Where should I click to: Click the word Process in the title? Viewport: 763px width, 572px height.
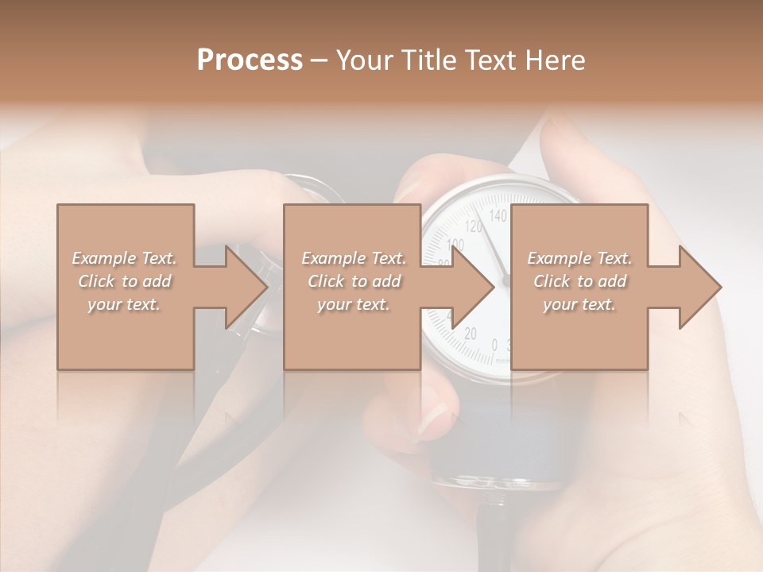tap(250, 60)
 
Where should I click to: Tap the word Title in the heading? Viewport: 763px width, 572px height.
tap(425, 60)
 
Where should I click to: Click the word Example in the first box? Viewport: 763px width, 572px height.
tap(103, 258)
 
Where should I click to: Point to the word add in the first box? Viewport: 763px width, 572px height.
tap(157, 281)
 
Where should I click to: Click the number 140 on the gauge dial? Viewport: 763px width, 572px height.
tap(498, 215)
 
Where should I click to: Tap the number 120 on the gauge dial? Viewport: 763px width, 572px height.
tap(473, 226)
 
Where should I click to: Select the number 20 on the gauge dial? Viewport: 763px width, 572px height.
tap(470, 334)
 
